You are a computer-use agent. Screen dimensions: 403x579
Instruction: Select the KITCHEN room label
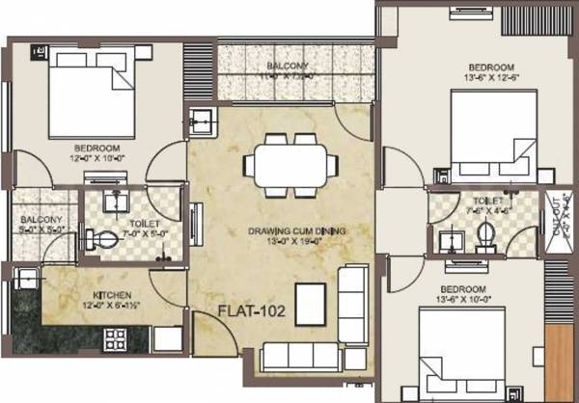point(112,296)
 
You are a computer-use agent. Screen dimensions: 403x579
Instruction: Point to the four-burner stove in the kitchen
point(116,338)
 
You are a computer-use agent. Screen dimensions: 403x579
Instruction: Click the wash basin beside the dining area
point(204,121)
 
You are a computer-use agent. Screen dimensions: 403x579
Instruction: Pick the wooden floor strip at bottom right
point(560,362)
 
